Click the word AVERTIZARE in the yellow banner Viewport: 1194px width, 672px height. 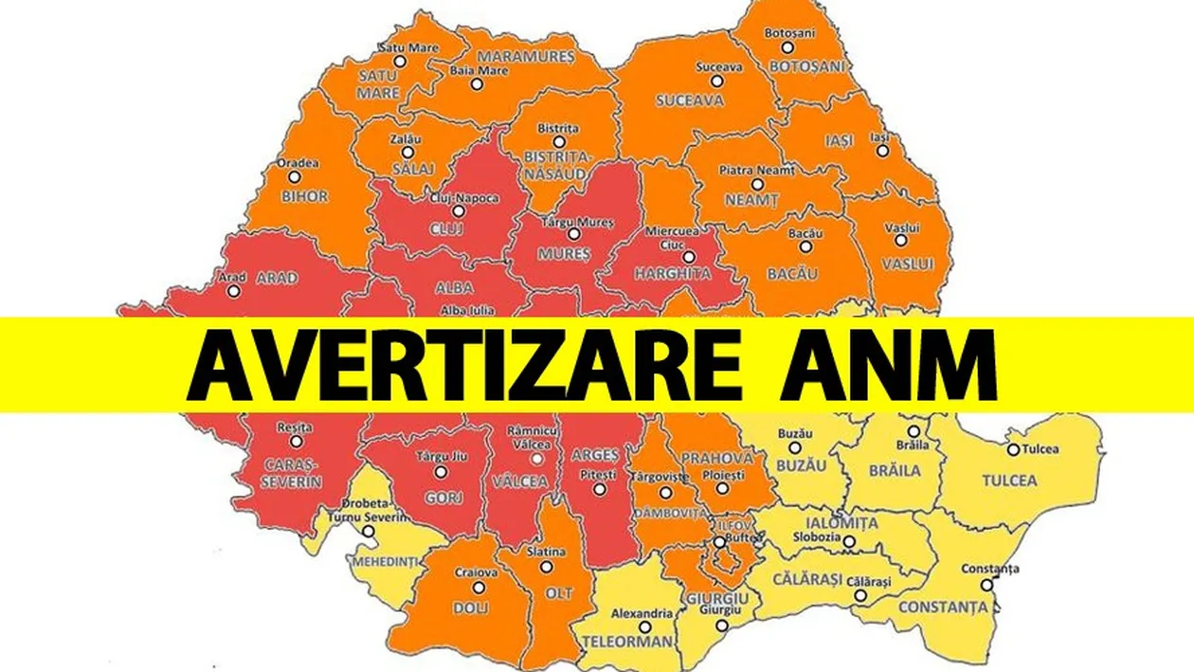464,365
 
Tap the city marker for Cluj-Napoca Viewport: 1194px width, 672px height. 459,211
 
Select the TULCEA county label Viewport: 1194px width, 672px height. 1010,480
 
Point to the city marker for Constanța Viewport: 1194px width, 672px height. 986,585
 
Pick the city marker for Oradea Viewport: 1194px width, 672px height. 294,177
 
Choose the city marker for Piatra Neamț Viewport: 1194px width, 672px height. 756,184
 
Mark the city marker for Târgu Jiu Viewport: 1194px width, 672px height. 440,471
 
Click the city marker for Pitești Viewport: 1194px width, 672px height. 598,489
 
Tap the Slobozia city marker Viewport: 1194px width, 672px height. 849,542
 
